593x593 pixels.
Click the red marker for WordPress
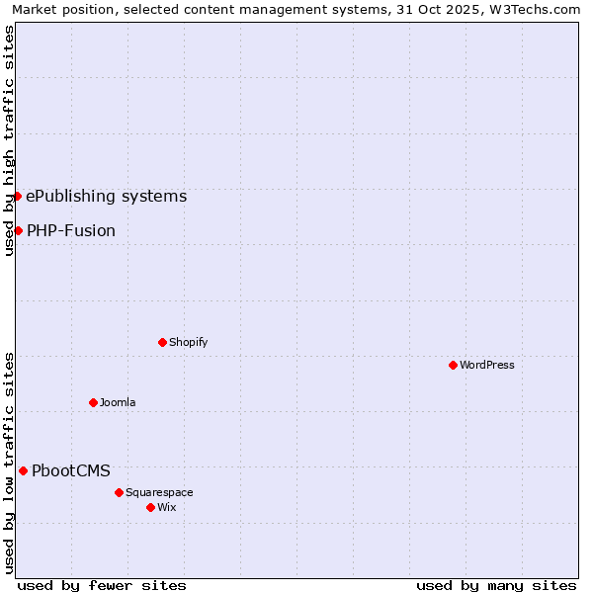pos(453,365)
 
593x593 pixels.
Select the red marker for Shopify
pos(162,342)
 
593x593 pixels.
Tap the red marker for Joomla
pos(93,402)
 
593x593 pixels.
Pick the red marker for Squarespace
pos(119,492)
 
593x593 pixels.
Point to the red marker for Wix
pos(150,507)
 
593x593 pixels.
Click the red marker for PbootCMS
pos(23,470)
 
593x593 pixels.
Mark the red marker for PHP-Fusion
pos(18,230)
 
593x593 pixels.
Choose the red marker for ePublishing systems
pos(17,196)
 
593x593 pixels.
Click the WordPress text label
pos(487,365)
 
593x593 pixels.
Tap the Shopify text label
pos(188,342)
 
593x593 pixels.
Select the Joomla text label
pos(118,402)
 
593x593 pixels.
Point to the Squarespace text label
pos(159,492)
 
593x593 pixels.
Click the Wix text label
pos(166,507)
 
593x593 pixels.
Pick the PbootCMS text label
pos(71,470)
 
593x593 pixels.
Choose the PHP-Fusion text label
pos(71,230)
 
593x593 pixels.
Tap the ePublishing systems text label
pos(106,196)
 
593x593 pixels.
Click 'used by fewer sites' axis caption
pos(102,585)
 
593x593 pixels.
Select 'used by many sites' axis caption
pos(496,585)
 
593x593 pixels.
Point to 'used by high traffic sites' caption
pos(9,140)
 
